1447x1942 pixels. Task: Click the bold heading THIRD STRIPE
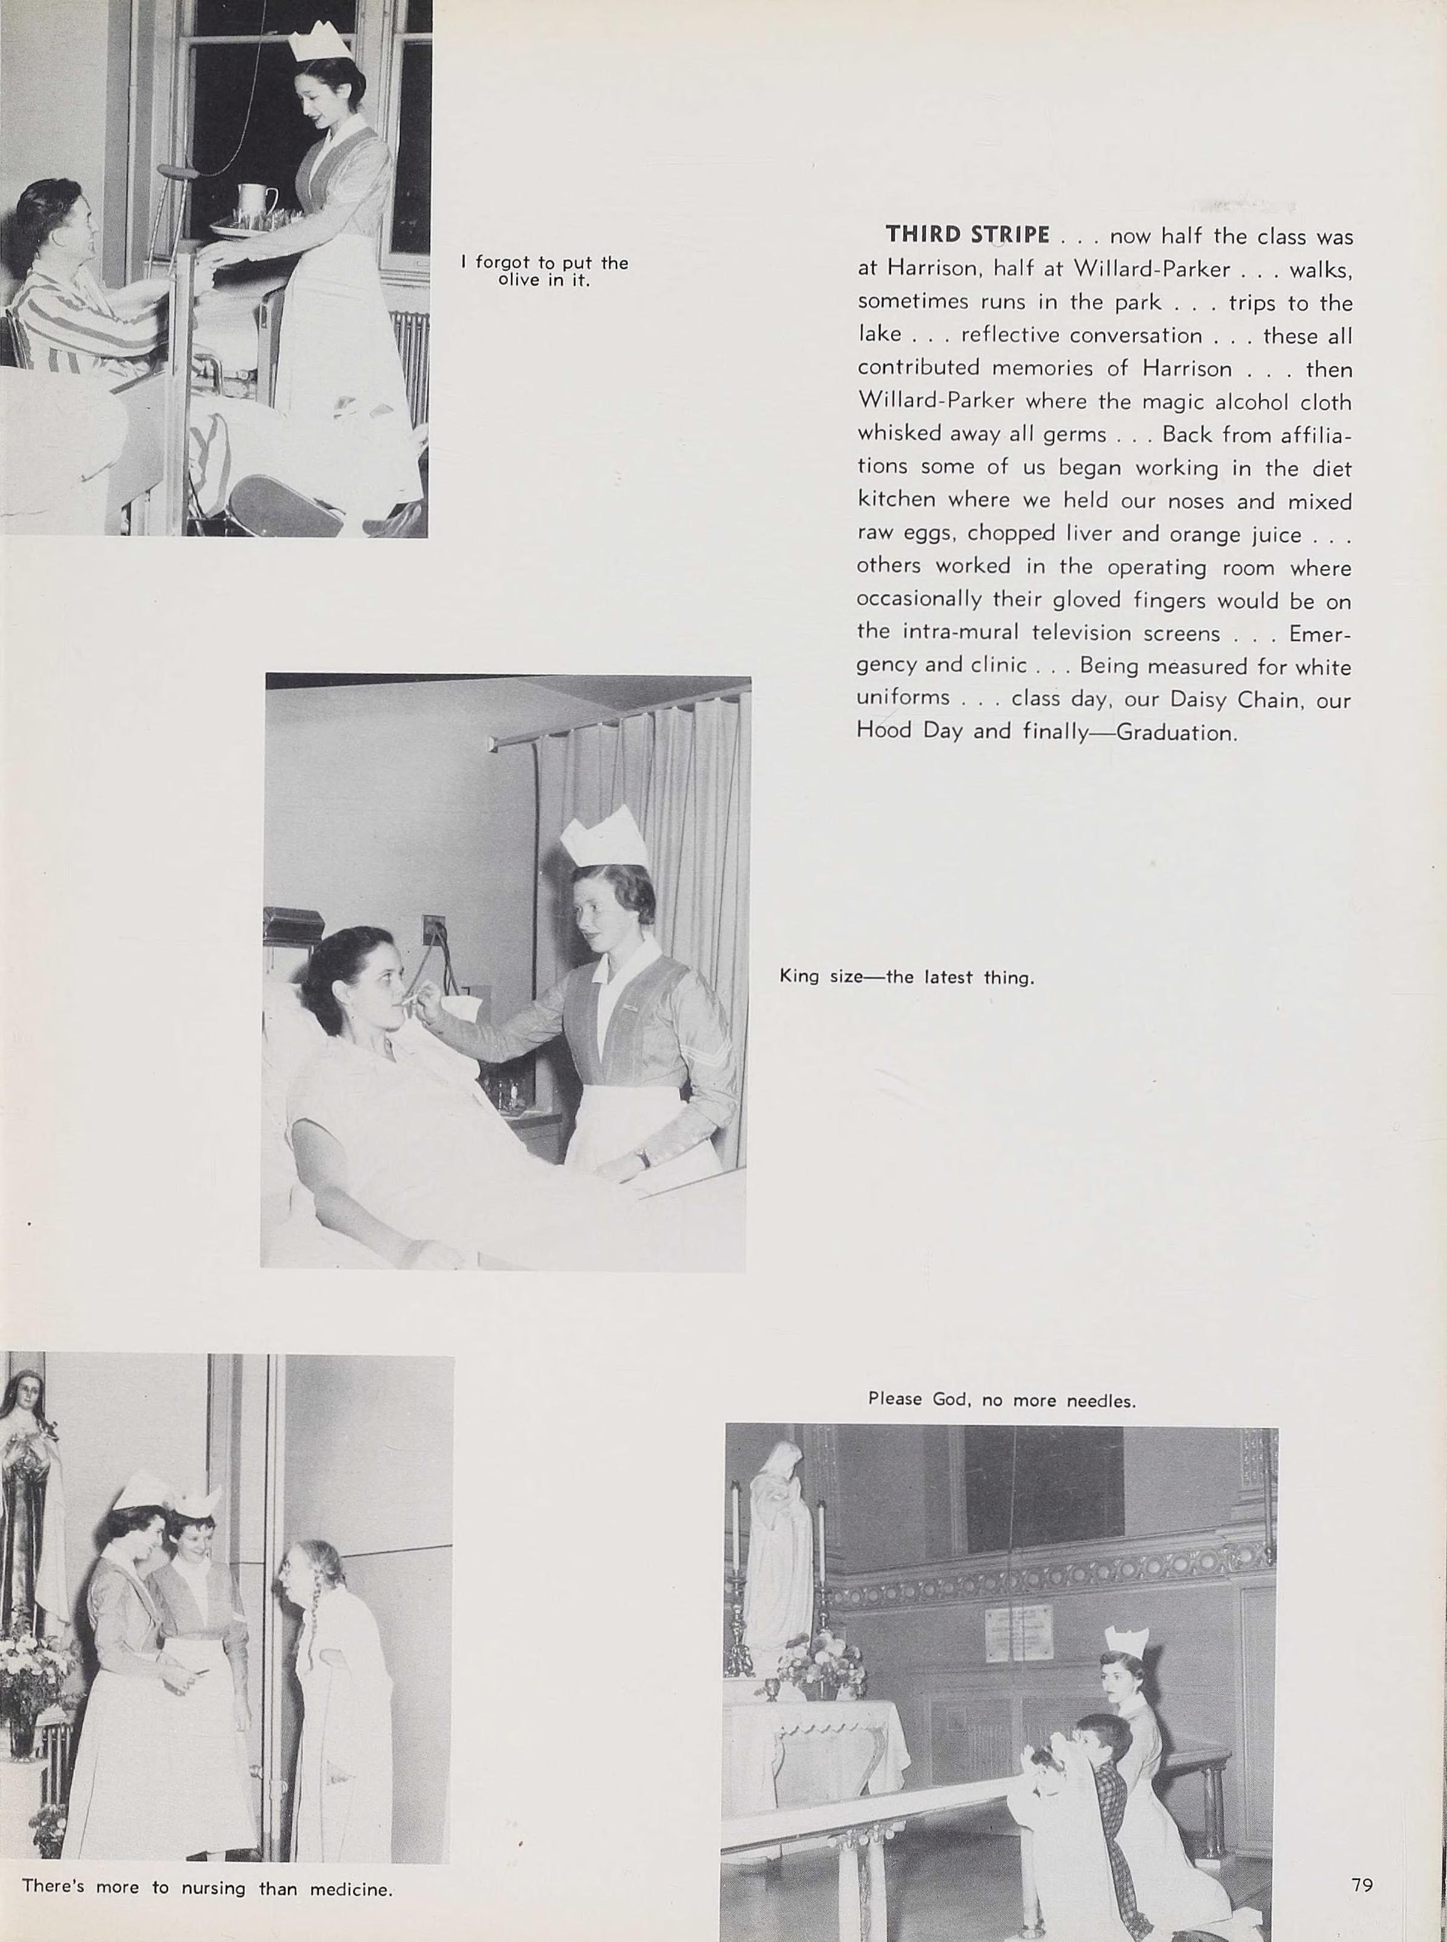pos(967,235)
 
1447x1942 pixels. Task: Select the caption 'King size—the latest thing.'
pos(906,977)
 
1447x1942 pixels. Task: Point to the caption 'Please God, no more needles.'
pos(1001,1400)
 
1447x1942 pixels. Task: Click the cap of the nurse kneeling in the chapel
pos(1126,1642)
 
